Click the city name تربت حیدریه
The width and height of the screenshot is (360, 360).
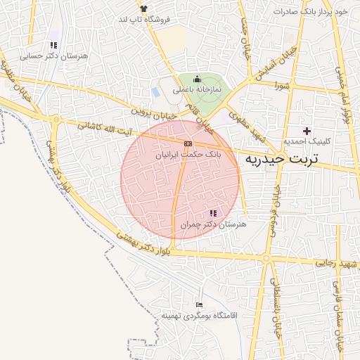(x=281, y=160)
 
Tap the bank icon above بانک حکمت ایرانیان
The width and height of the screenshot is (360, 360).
(x=187, y=143)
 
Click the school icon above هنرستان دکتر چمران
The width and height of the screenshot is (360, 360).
(x=213, y=213)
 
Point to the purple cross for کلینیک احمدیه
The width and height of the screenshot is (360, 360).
(x=307, y=131)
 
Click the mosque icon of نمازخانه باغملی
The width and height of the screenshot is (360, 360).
(x=197, y=79)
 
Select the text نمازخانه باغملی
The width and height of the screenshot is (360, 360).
(x=218, y=91)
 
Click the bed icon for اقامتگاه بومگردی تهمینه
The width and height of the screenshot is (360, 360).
(x=199, y=304)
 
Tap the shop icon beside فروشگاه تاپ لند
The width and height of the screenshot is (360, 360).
(x=143, y=8)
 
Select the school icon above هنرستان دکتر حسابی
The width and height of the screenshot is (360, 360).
(x=53, y=46)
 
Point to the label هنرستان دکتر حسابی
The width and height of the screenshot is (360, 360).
(x=48, y=56)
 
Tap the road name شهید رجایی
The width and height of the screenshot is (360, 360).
(x=339, y=264)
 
